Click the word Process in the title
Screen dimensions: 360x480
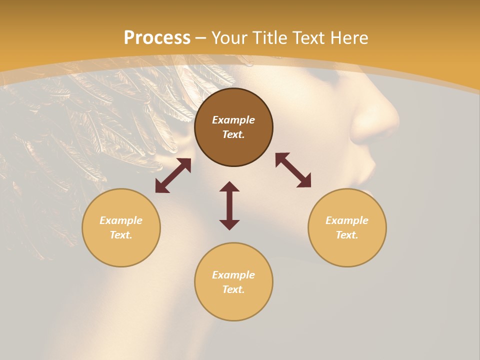click(157, 38)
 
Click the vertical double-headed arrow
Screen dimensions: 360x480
click(229, 205)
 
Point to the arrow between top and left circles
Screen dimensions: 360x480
click(173, 175)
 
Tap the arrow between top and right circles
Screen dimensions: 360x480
click(293, 170)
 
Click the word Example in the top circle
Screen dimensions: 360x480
click(233, 120)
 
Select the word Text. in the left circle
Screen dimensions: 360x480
click(121, 235)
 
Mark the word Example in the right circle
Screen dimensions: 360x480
click(347, 220)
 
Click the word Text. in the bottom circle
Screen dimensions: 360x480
click(233, 289)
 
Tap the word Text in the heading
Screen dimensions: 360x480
click(308, 38)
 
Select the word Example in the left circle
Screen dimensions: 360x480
click(121, 220)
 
